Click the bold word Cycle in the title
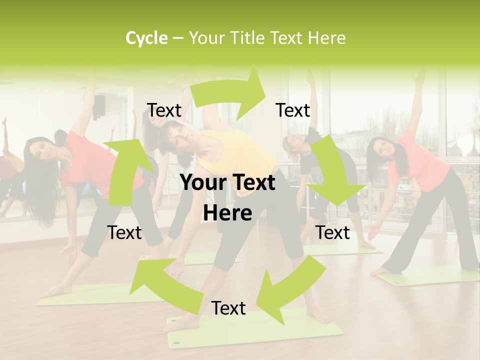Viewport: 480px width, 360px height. tap(146, 38)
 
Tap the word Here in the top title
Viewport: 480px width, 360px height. tap(326, 38)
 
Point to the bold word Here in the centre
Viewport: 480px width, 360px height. tap(227, 213)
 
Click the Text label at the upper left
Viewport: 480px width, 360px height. tap(164, 110)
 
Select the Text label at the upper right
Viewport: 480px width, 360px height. tap(293, 110)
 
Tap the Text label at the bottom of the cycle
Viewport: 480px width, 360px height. tap(228, 308)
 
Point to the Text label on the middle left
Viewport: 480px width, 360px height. tap(124, 232)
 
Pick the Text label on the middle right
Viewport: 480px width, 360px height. tap(333, 232)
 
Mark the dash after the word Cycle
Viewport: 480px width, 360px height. tap(178, 38)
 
